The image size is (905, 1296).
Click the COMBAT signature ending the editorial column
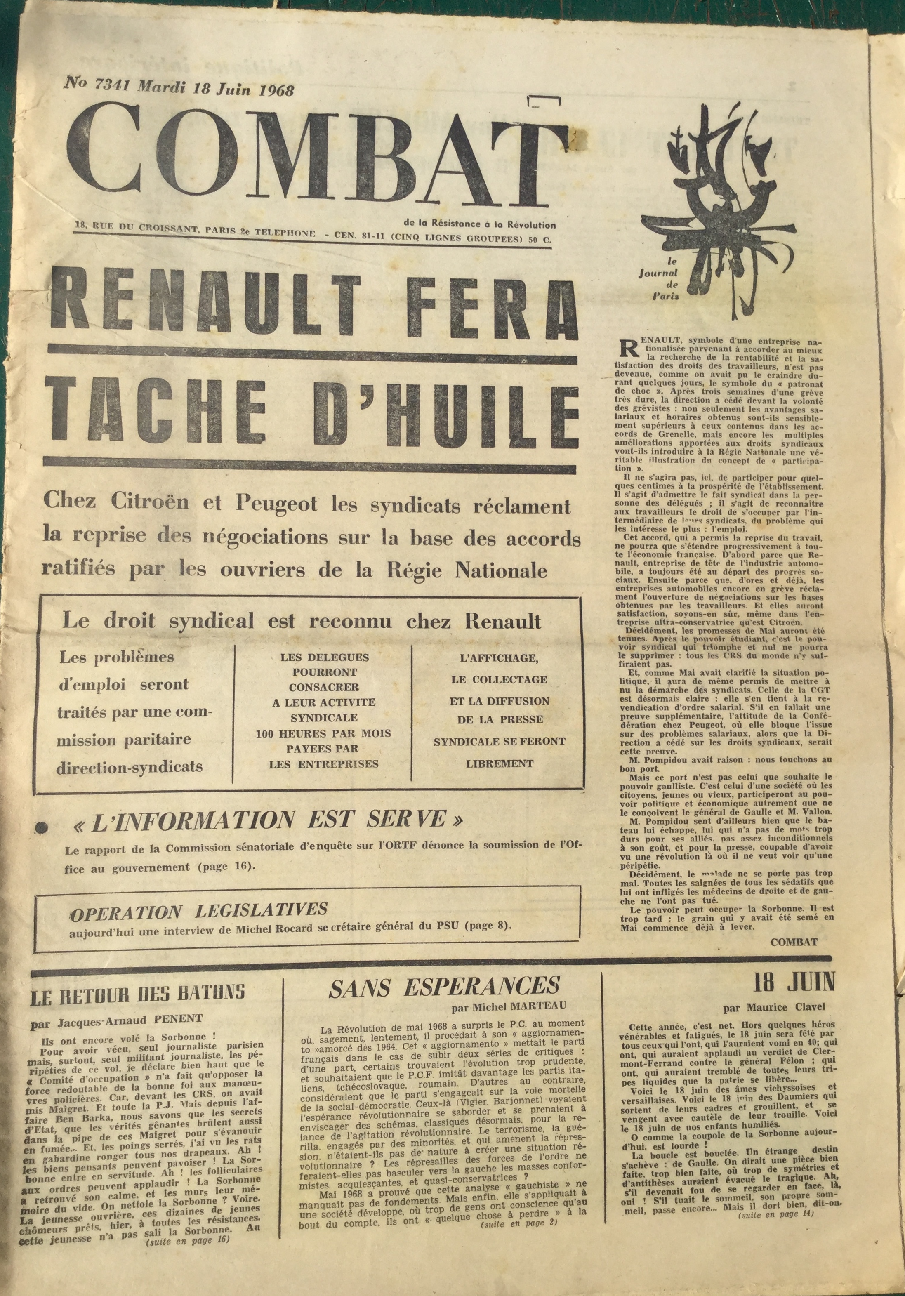click(794, 941)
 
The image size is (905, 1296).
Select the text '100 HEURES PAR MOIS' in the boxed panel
click(323, 734)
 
